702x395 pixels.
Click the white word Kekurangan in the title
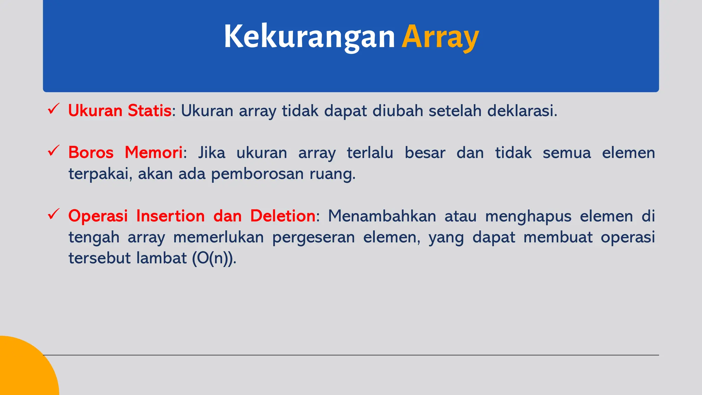pyautogui.click(x=309, y=37)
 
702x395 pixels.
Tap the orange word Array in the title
pyautogui.click(x=440, y=37)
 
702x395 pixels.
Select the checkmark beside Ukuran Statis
pyautogui.click(x=54, y=109)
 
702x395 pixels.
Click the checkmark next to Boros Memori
pyautogui.click(x=54, y=151)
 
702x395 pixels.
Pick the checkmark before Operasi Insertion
pyautogui.click(x=54, y=214)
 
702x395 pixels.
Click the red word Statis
pyautogui.click(x=149, y=111)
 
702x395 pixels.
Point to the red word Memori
pyautogui.click(x=153, y=153)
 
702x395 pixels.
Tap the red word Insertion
pyautogui.click(x=170, y=216)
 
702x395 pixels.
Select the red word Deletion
pyautogui.click(x=283, y=216)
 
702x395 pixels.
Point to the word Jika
pyautogui.click(x=211, y=153)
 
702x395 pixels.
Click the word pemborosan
pyautogui.click(x=257, y=174)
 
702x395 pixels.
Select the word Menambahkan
pyautogui.click(x=382, y=216)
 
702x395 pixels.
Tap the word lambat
pyautogui.click(x=161, y=258)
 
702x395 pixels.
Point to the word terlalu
pyautogui.click(x=370, y=153)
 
